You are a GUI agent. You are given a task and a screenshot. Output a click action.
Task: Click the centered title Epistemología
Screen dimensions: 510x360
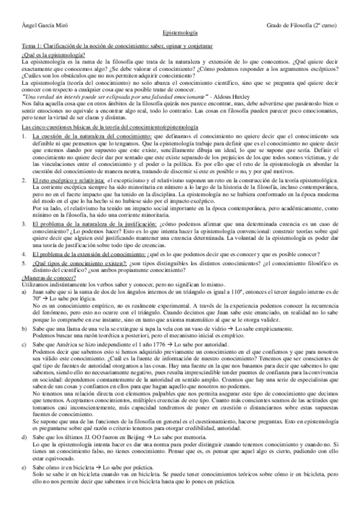point(180,36)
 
